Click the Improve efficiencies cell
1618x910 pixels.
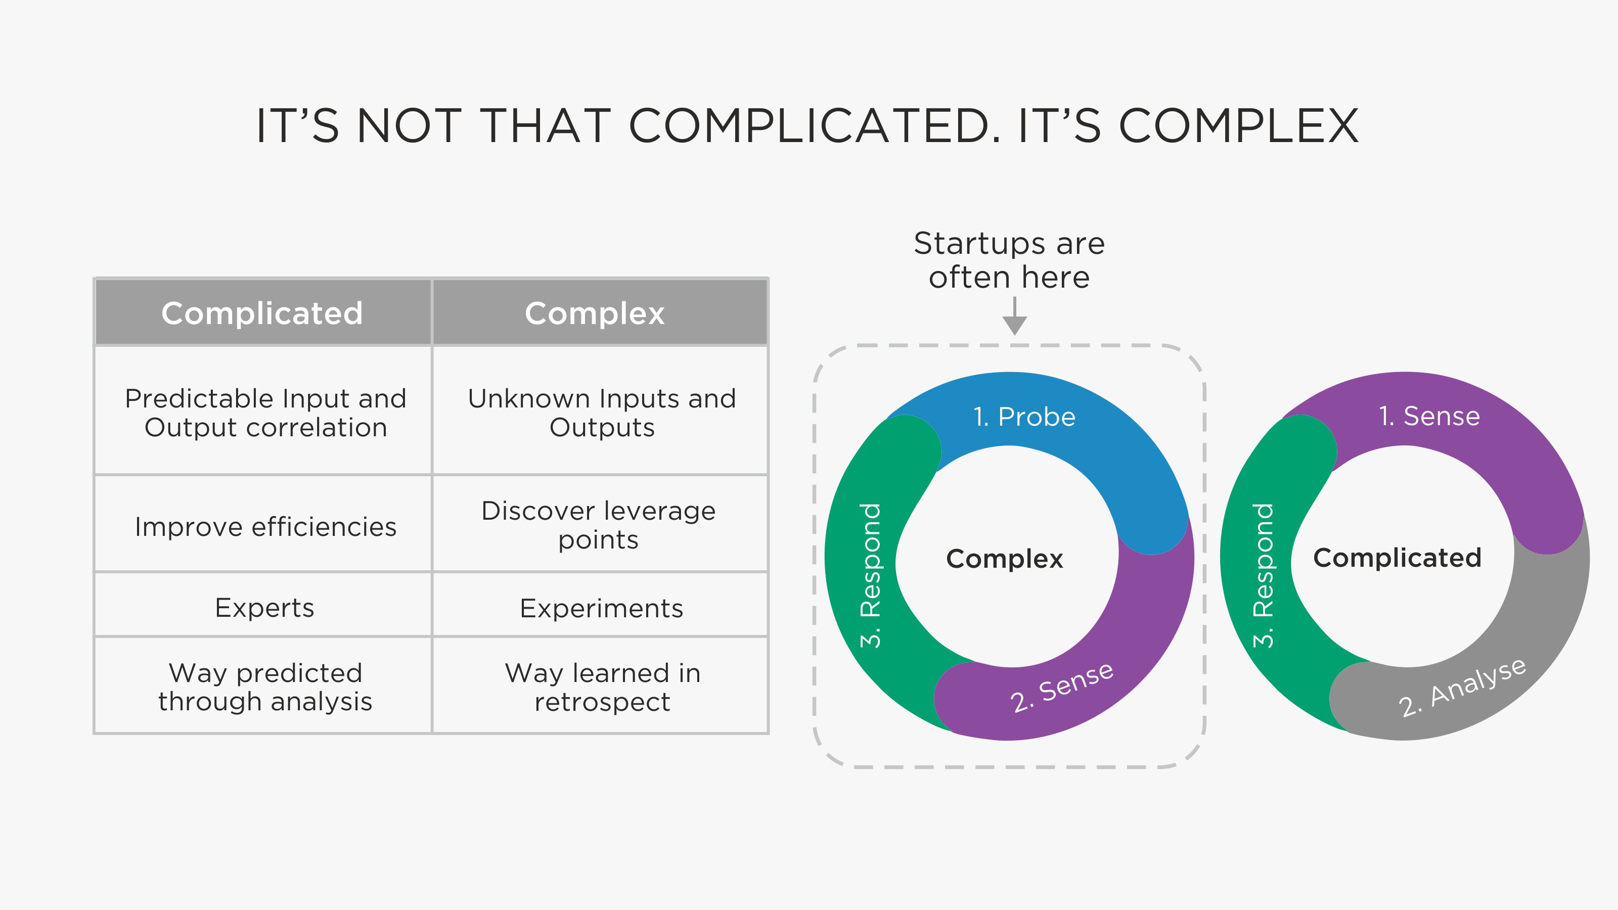[x=262, y=524]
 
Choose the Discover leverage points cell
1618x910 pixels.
[x=600, y=524]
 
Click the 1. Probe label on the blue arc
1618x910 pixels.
[x=1024, y=417]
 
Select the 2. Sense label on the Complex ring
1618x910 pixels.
[x=1061, y=687]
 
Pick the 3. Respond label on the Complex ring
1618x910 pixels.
[x=871, y=575]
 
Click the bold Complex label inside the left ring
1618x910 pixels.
[x=1004, y=558]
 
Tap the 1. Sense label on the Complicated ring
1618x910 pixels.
[x=1429, y=416]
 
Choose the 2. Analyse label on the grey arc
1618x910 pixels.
[x=1462, y=687]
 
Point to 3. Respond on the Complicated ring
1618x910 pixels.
[x=1263, y=575]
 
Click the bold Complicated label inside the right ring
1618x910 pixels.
[x=1398, y=558]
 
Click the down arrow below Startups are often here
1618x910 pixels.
[x=1014, y=316]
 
